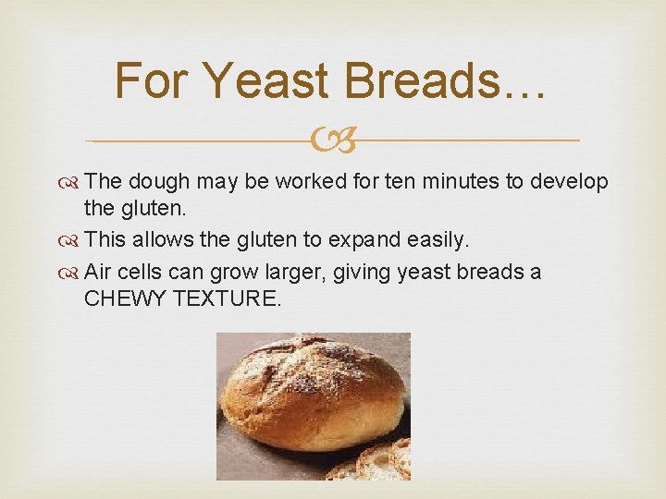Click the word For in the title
point(153,80)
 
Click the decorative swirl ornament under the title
point(332,141)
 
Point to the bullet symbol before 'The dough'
point(72,182)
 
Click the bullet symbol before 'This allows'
point(72,241)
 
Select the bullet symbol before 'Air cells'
point(72,273)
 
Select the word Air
point(98,273)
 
